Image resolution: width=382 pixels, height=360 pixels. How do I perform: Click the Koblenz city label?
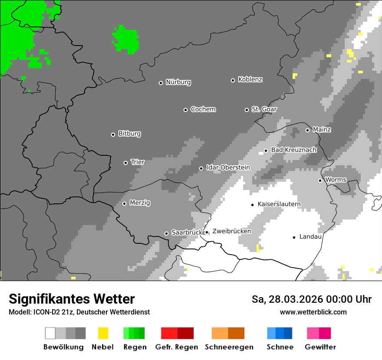(250, 80)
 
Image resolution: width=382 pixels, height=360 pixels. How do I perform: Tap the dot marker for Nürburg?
(161, 83)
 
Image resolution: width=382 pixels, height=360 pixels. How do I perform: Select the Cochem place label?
(203, 109)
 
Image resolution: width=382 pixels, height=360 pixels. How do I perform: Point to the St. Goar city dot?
(247, 110)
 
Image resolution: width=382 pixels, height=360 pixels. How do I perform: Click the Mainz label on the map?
(322, 130)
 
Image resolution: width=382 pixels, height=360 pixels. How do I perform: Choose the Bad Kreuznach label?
(293, 150)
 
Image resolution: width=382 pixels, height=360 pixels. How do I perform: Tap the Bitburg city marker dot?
(113, 134)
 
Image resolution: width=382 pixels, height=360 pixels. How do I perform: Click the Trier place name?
(138, 162)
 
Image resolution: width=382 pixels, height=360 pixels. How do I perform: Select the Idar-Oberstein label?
(228, 168)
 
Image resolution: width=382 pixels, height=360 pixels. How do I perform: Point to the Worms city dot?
(320, 180)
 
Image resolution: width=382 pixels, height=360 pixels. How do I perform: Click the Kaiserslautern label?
(279, 204)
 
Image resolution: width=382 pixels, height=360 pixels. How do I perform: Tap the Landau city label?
(310, 237)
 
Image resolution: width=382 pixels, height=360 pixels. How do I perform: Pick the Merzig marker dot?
(124, 203)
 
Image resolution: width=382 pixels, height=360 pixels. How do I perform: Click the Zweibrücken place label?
(231, 232)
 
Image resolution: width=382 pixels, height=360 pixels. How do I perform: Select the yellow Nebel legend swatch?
(103, 333)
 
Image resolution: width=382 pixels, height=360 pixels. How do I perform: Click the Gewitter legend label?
(320, 347)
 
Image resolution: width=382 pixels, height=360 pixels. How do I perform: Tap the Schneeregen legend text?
(229, 347)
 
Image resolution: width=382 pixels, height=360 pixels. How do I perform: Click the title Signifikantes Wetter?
(72, 299)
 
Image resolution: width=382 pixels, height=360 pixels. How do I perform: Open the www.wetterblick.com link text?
(313, 312)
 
